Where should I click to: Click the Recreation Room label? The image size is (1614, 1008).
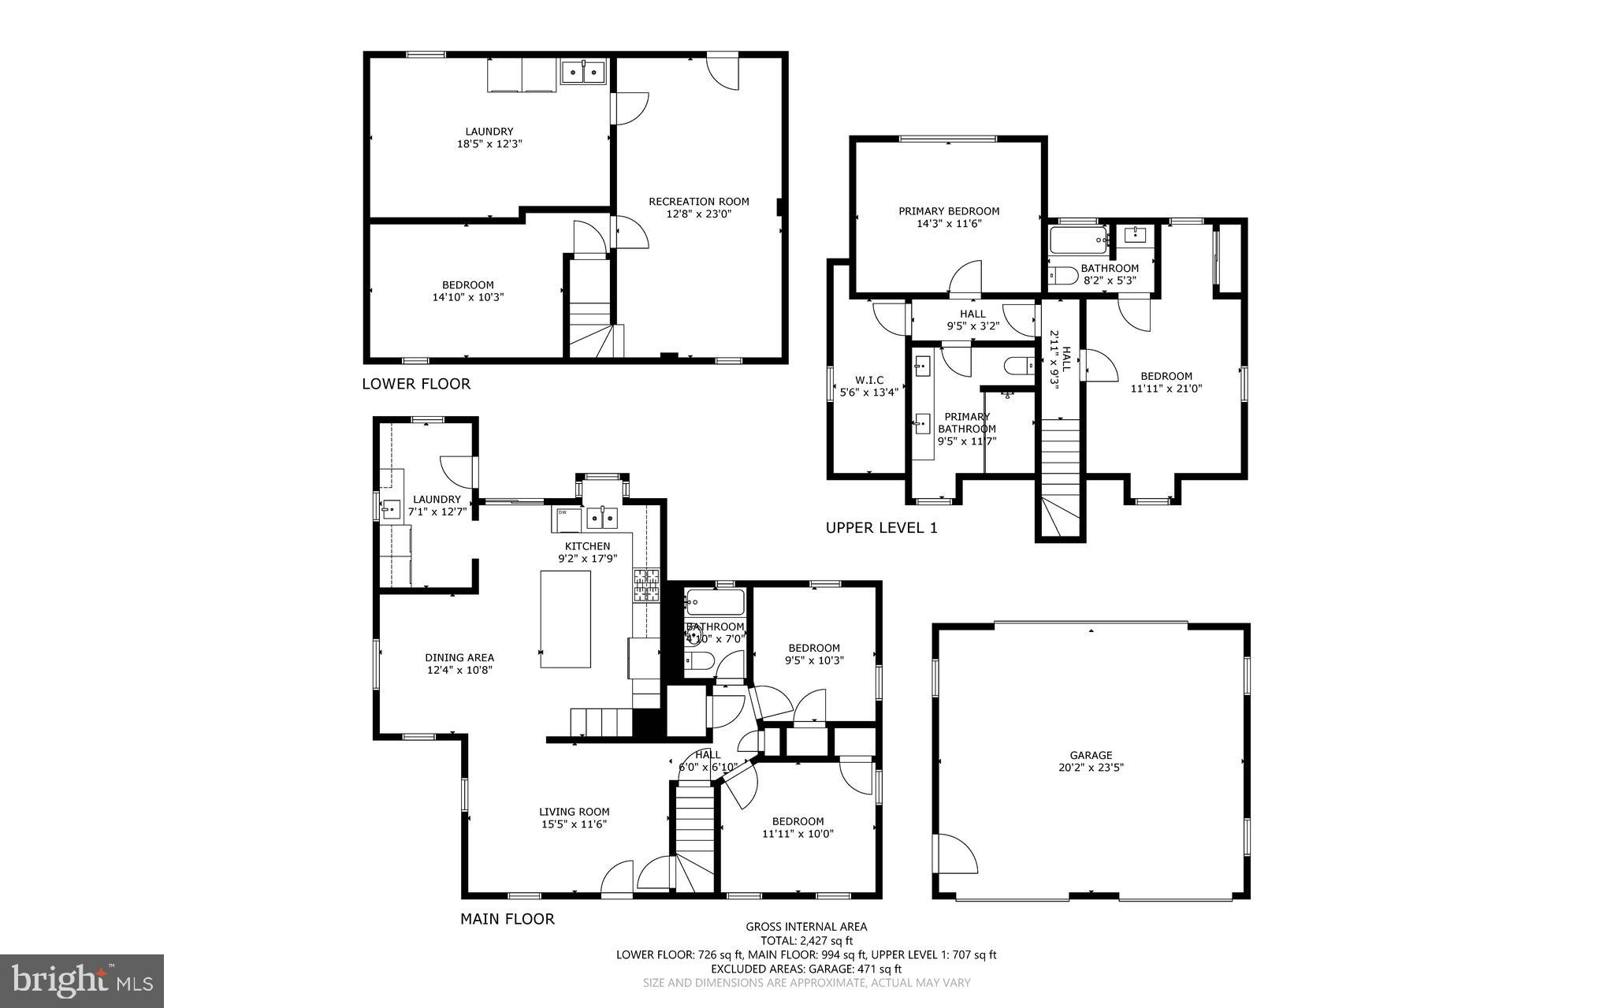(x=698, y=202)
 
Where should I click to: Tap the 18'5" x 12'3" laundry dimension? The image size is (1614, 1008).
(x=489, y=144)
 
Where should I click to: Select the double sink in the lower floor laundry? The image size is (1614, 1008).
(x=582, y=73)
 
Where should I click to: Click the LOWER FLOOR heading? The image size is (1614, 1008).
(x=415, y=384)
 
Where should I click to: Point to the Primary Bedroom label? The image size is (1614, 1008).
(x=949, y=211)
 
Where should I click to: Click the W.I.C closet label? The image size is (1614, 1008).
(x=869, y=380)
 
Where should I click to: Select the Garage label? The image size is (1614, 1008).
(x=1091, y=755)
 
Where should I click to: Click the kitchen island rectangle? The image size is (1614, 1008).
(x=565, y=619)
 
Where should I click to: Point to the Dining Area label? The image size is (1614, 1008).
(x=459, y=657)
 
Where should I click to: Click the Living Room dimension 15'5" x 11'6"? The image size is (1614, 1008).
(x=574, y=824)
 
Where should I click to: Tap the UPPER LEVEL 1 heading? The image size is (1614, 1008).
(x=881, y=528)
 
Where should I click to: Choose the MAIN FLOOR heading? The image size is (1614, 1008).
(x=507, y=919)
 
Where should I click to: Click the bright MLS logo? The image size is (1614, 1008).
(x=82, y=980)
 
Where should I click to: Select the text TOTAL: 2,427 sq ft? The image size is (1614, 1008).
(x=806, y=940)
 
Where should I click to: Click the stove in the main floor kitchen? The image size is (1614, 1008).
(x=646, y=585)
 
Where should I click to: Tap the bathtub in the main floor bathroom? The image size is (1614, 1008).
(x=714, y=604)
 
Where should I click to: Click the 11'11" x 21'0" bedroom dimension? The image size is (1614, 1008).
(x=1166, y=389)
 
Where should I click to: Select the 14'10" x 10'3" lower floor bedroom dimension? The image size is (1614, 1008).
(x=467, y=298)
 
